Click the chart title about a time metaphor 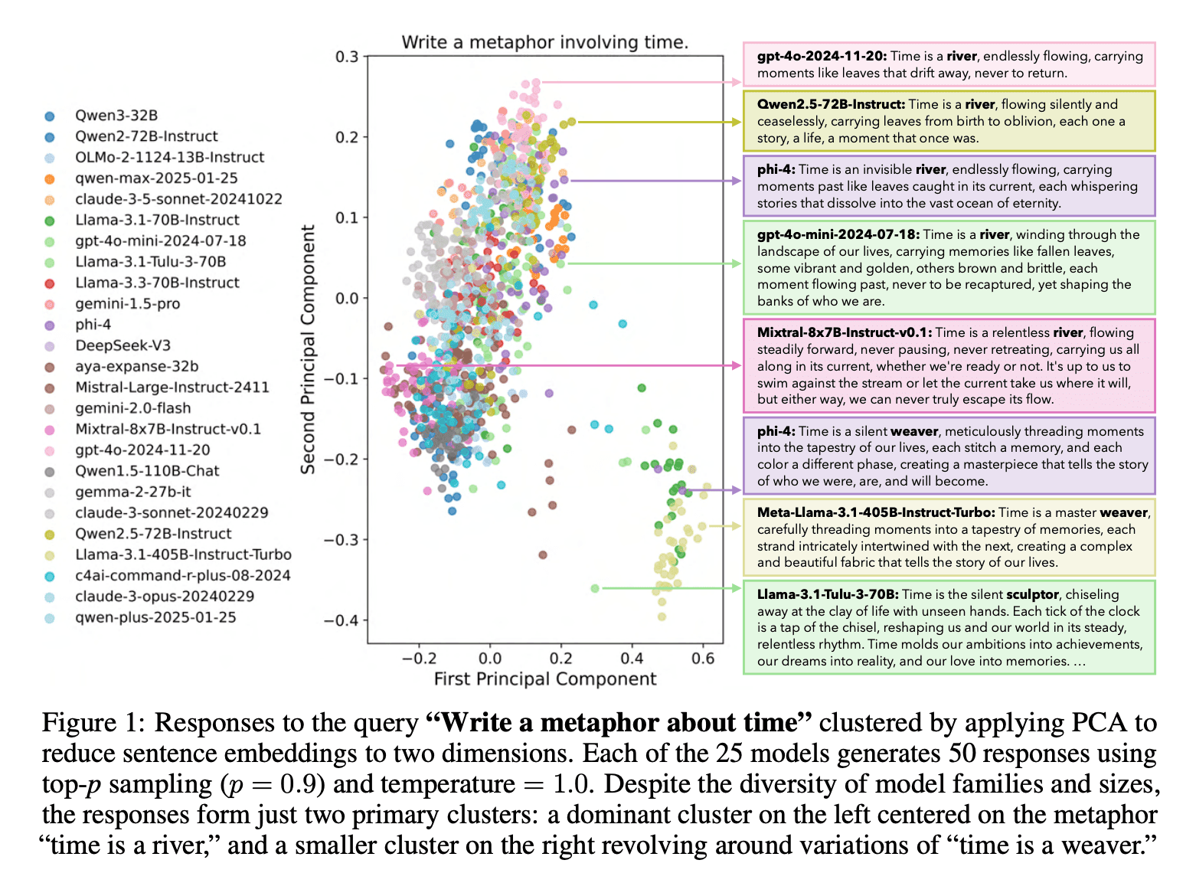tap(544, 42)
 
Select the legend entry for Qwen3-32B tap(116, 116)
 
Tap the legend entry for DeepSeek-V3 tap(123, 345)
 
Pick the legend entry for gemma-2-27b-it tap(132, 492)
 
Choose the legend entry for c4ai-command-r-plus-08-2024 tap(182, 575)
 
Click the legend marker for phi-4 tap(50, 325)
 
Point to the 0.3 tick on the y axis tap(347, 57)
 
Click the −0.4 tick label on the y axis tap(341, 620)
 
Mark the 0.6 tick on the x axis tap(703, 658)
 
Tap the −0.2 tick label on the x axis tap(419, 658)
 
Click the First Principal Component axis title tap(544, 679)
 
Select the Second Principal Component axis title tap(308, 349)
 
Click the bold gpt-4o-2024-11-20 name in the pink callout tap(822, 56)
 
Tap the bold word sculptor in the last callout tap(1032, 594)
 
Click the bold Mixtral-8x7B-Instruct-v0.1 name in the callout tap(844, 332)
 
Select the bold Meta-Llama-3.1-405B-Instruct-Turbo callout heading tap(876, 512)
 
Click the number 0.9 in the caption tap(301, 784)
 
